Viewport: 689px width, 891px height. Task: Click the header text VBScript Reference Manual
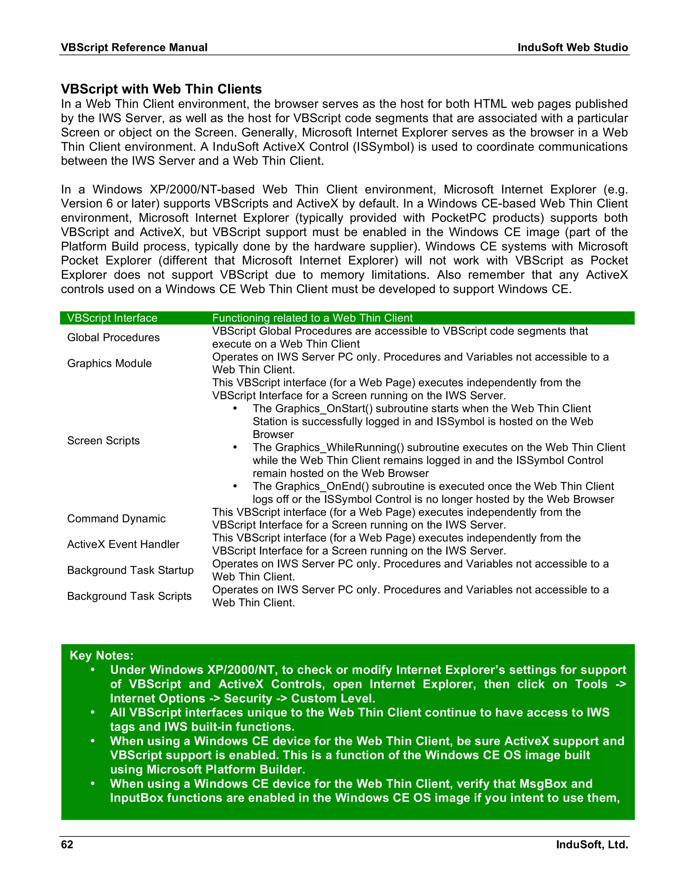click(x=134, y=47)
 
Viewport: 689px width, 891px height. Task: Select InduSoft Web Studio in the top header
click(x=572, y=47)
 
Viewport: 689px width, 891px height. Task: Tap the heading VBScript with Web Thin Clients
click(x=161, y=89)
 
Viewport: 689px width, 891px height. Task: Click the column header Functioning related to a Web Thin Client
click(x=312, y=318)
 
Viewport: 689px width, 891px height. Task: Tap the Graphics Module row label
click(x=109, y=363)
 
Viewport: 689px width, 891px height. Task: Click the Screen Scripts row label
click(x=103, y=440)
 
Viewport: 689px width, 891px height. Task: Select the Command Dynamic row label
click(x=116, y=518)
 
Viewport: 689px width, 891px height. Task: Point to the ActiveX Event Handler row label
click(x=123, y=544)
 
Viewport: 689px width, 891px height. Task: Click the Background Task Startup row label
click(x=130, y=570)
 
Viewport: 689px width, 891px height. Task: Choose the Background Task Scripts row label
click(x=129, y=596)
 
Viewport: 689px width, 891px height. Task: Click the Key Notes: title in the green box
click(x=101, y=655)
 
